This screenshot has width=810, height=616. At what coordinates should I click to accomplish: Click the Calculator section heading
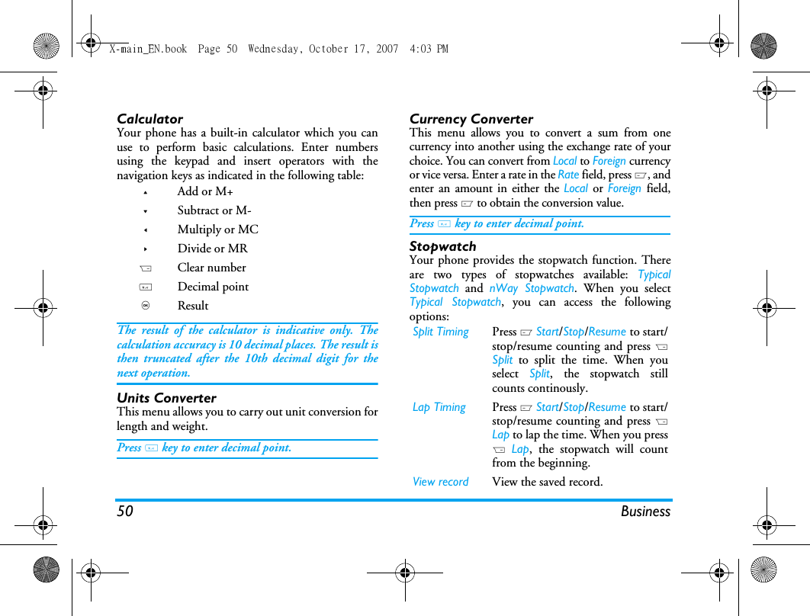point(149,119)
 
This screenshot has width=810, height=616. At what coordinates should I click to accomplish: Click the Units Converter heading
point(166,398)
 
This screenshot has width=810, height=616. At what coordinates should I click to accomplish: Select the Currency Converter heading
point(471,119)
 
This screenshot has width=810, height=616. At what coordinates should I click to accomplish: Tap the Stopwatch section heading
point(442,246)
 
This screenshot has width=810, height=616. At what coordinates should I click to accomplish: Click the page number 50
point(125,512)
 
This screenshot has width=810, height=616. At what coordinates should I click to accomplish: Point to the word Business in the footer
point(645,512)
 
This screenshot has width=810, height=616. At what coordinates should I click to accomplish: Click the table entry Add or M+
point(205,191)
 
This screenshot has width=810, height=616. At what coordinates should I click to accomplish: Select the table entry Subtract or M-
point(214,210)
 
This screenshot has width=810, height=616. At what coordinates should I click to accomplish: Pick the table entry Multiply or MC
point(217,229)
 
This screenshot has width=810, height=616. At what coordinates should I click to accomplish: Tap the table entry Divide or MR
point(212,249)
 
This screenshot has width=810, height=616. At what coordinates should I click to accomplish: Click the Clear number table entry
point(211,268)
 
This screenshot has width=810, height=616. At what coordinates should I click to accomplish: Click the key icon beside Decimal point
point(146,287)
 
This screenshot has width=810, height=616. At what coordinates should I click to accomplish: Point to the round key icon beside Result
point(145,306)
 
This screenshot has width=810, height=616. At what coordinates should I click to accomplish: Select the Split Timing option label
point(441,332)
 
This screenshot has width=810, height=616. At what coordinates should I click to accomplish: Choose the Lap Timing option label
point(439,407)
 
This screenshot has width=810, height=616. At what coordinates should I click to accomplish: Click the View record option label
point(441,482)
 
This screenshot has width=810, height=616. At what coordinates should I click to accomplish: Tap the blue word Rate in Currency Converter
point(568,175)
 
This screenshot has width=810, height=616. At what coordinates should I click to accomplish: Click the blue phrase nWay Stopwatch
point(532,288)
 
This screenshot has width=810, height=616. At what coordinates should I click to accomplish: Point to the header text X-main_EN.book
point(148,49)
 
